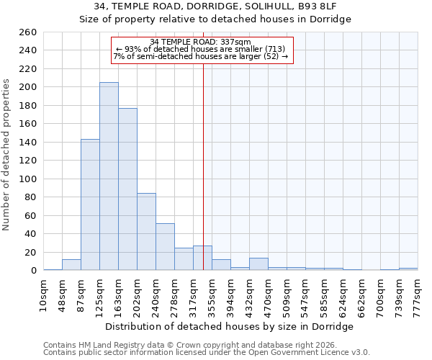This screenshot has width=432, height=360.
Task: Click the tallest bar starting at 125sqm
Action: (109, 176)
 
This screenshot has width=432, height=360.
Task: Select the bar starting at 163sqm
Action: (127, 189)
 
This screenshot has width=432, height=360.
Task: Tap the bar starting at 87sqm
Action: (90, 204)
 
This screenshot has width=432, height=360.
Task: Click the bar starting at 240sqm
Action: (165, 247)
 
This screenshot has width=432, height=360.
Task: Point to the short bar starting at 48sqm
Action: (71, 265)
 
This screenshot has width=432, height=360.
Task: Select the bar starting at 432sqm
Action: (258, 264)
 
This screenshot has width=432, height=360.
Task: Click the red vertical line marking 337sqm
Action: (203, 166)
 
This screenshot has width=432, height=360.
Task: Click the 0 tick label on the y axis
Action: (33, 271)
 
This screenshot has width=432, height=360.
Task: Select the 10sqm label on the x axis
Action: (43, 294)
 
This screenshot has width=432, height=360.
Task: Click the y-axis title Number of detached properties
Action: (7, 151)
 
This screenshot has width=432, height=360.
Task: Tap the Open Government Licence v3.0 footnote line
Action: (207, 352)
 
